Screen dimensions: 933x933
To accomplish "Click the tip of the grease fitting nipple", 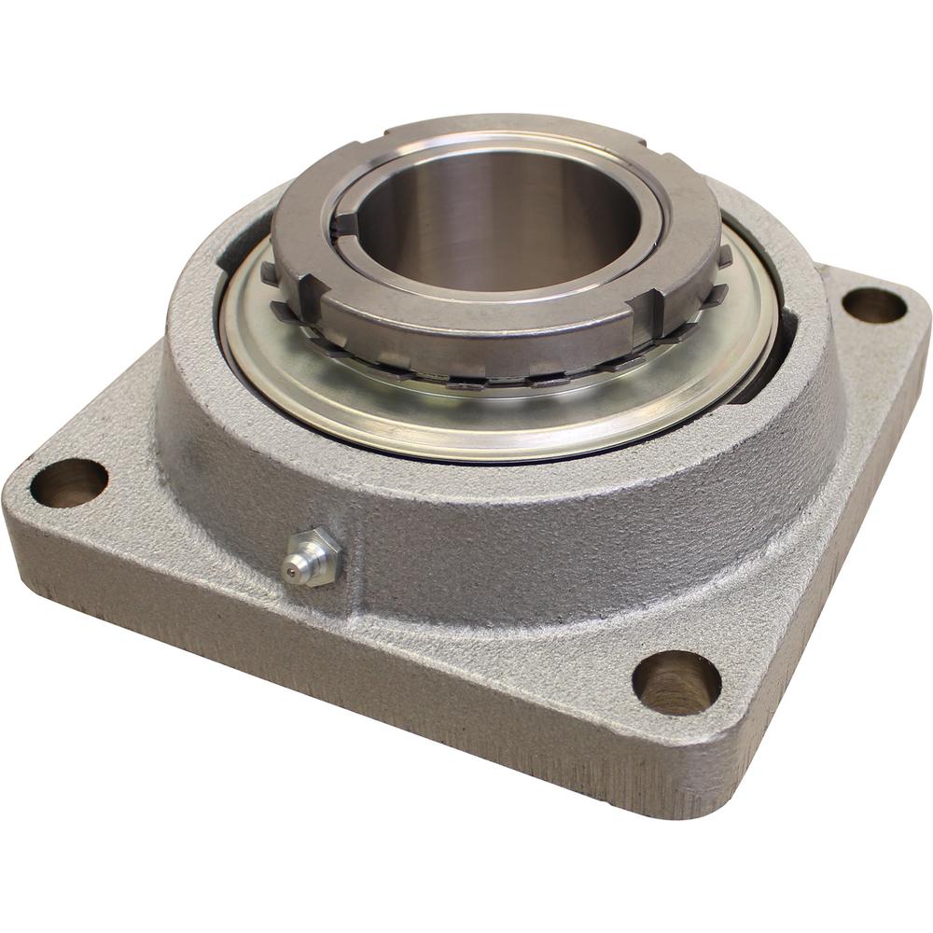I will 291,565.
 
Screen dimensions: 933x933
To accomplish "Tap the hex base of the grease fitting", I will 317,557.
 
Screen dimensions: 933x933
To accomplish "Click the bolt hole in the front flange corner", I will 676,682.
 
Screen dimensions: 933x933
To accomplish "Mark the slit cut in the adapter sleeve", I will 345,225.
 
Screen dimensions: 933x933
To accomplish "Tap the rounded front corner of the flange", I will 690,793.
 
